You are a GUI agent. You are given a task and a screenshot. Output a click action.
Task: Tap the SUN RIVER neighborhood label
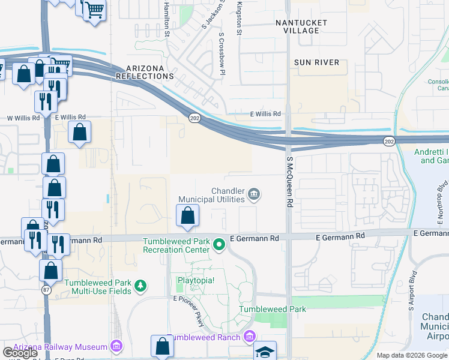coord(316,62)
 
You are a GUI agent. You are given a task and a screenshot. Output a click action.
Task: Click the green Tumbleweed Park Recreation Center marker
coord(219,244)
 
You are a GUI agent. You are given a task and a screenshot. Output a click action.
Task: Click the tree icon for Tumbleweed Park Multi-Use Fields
coord(140,286)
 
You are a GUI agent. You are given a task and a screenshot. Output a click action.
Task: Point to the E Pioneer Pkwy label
coord(190,310)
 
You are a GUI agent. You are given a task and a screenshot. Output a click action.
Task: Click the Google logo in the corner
coord(20,353)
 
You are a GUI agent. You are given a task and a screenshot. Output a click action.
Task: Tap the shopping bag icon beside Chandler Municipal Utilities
coord(188,215)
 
